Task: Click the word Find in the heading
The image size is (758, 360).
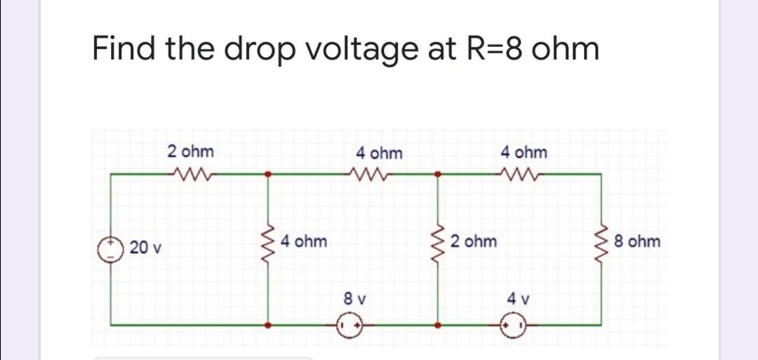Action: (x=123, y=49)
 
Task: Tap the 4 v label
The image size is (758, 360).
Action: (x=517, y=298)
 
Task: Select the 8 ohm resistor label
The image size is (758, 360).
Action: (x=636, y=242)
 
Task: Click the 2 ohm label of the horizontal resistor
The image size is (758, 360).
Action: (x=191, y=152)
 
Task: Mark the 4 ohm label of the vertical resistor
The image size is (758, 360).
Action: (x=303, y=242)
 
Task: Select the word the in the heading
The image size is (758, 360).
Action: (x=185, y=49)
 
